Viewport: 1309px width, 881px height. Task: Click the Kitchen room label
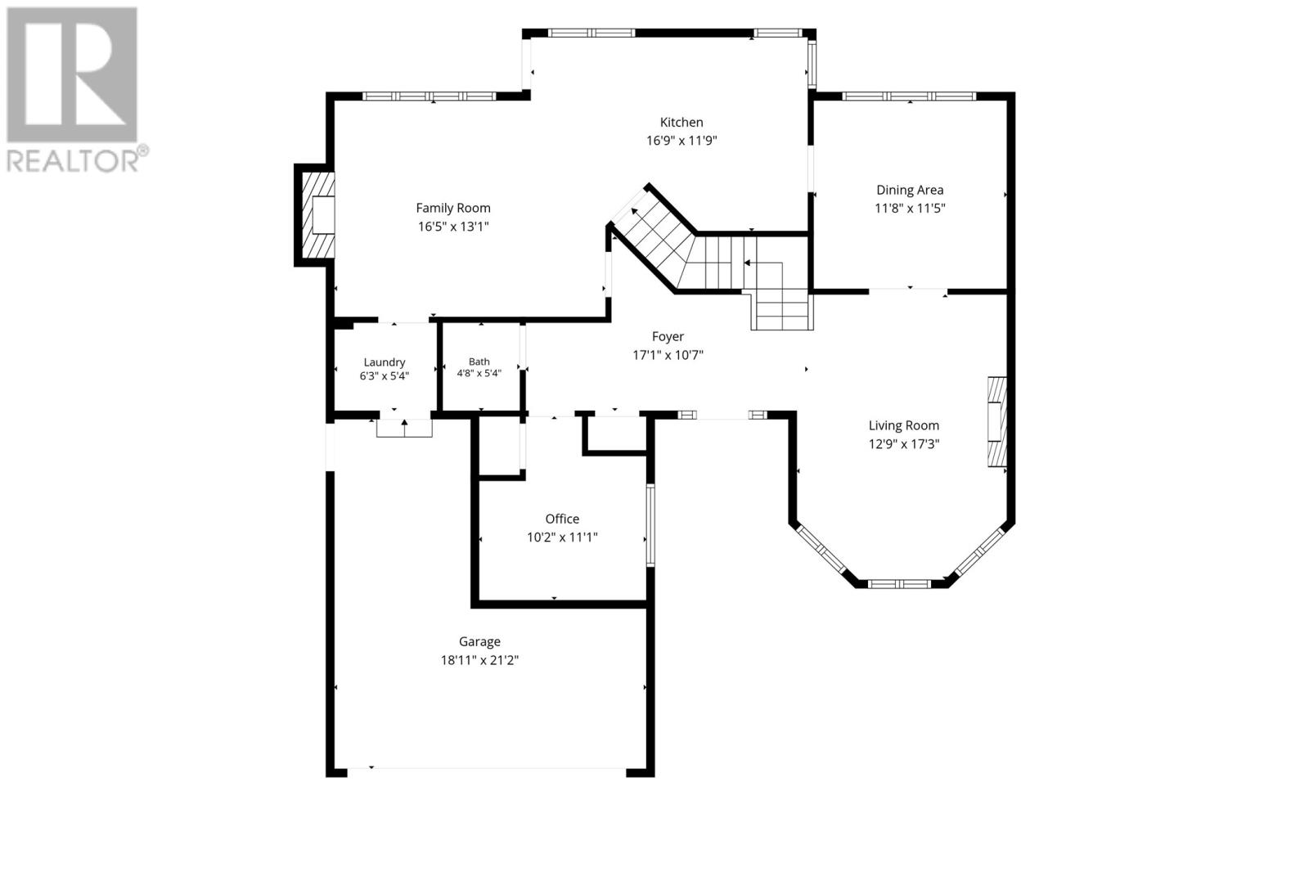(x=681, y=122)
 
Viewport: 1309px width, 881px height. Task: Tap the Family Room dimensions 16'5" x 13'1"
(x=453, y=226)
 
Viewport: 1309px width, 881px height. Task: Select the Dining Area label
(x=910, y=190)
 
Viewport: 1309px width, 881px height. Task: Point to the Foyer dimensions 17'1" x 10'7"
(x=668, y=355)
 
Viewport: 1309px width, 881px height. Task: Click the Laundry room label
(x=384, y=362)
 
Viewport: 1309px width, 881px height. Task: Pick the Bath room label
(x=479, y=362)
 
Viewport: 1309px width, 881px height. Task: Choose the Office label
(x=562, y=519)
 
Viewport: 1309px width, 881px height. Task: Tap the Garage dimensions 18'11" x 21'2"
(x=479, y=660)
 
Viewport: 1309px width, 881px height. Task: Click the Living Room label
(x=903, y=425)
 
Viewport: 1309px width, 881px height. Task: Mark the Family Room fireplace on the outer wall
(x=316, y=215)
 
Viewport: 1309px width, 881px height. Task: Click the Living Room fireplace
(x=997, y=421)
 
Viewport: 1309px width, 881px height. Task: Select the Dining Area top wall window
(x=909, y=97)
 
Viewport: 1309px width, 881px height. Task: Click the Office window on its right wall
(x=650, y=525)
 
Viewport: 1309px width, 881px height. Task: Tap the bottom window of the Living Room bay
(x=899, y=583)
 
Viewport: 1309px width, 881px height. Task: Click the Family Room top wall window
(x=429, y=97)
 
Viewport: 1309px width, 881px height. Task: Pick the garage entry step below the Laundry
(x=404, y=429)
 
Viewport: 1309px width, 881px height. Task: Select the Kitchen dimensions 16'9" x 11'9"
(x=681, y=140)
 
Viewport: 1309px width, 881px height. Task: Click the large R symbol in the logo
(x=72, y=74)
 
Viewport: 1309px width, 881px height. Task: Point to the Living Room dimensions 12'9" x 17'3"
(x=904, y=444)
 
